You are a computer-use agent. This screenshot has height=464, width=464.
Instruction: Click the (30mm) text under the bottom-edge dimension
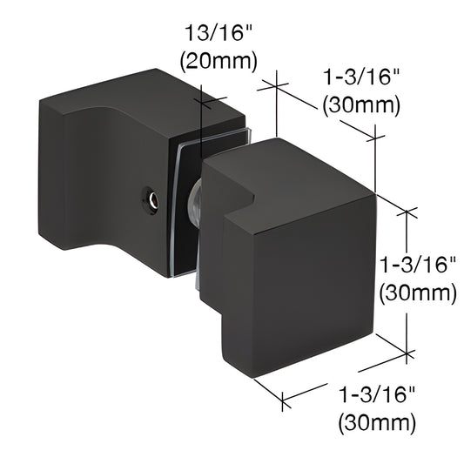[x=376, y=423]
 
